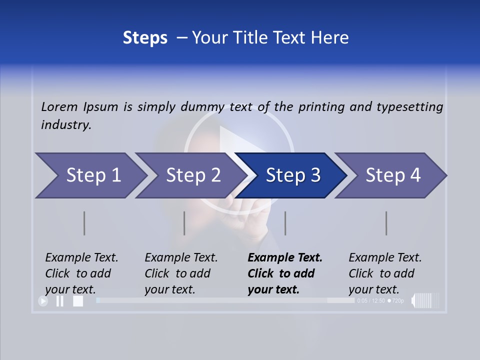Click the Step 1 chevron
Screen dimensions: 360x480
(x=90, y=175)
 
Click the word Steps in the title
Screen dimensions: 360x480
(x=145, y=37)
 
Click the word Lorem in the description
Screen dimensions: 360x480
(x=59, y=106)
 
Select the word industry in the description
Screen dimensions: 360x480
(x=65, y=124)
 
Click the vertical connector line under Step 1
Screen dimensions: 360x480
(x=84, y=223)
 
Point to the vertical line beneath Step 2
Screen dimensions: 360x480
(x=184, y=223)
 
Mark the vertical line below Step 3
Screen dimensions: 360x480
(x=285, y=223)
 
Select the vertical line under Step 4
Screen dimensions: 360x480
(x=386, y=223)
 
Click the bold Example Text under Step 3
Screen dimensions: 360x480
(x=285, y=257)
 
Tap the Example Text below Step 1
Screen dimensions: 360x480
(x=81, y=257)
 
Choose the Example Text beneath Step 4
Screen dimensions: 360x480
(x=385, y=257)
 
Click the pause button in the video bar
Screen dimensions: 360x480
(x=60, y=301)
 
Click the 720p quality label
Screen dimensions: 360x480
(x=397, y=301)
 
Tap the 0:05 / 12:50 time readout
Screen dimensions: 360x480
(x=371, y=301)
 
